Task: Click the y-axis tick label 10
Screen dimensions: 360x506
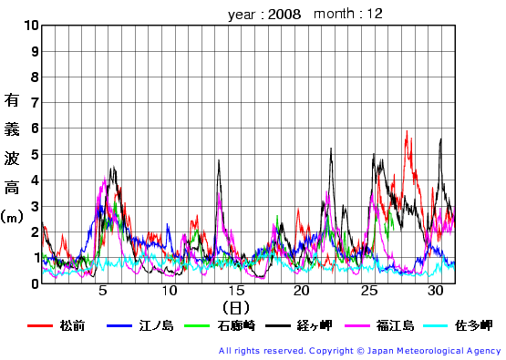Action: [x=31, y=26]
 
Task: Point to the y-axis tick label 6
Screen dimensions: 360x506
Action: [x=35, y=129]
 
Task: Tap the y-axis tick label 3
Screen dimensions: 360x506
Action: [x=35, y=206]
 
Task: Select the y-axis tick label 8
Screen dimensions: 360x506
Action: [x=35, y=77]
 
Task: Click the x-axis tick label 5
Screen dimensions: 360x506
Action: [x=102, y=291]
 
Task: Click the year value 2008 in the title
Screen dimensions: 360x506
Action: [x=284, y=15]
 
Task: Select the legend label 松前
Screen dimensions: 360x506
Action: [x=72, y=325]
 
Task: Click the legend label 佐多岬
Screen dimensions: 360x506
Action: [x=474, y=325]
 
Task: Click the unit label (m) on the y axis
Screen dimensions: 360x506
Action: [x=12, y=217]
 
